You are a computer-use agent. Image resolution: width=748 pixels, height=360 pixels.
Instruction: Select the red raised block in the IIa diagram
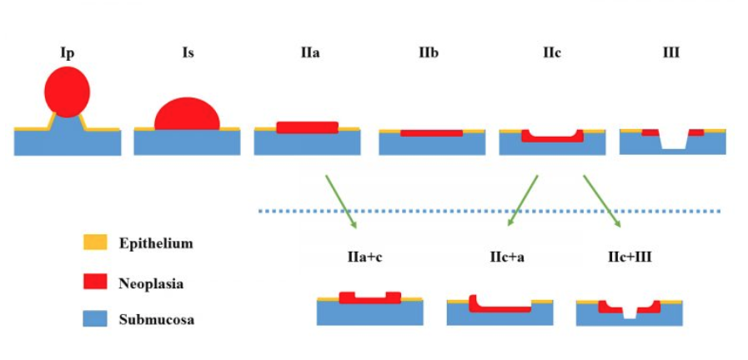(x=308, y=127)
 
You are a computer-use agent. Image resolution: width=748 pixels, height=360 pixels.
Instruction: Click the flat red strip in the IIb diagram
(x=431, y=133)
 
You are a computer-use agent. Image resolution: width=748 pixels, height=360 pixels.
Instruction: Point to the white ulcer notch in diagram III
(x=673, y=142)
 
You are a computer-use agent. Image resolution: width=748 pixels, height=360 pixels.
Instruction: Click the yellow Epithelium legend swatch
(x=92, y=243)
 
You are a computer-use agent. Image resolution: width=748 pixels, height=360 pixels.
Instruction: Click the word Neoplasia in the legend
(x=151, y=283)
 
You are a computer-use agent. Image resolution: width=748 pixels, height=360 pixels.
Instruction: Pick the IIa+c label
(x=365, y=256)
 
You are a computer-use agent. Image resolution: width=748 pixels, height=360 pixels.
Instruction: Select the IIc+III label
(x=630, y=256)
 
